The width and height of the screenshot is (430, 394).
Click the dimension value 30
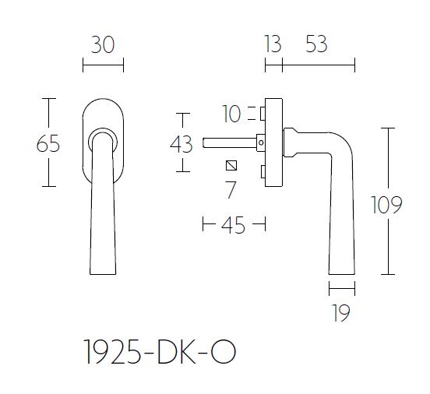pos(103,45)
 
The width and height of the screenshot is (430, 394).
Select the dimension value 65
pos(48,144)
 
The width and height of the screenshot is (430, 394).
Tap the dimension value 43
pos(181,144)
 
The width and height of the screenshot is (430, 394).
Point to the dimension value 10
pos(231,114)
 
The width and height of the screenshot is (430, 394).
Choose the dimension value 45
pos(233,226)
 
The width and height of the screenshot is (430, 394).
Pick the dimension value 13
pos(272,45)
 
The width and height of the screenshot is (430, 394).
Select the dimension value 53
pos(316,45)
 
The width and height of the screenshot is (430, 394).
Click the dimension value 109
pos(386,205)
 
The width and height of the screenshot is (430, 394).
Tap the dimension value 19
pos(341,313)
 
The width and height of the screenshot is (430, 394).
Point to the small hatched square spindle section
pos(230,165)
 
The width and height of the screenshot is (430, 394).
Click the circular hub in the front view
pos(102,140)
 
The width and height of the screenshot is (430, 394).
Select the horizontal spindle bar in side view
pos(230,142)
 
